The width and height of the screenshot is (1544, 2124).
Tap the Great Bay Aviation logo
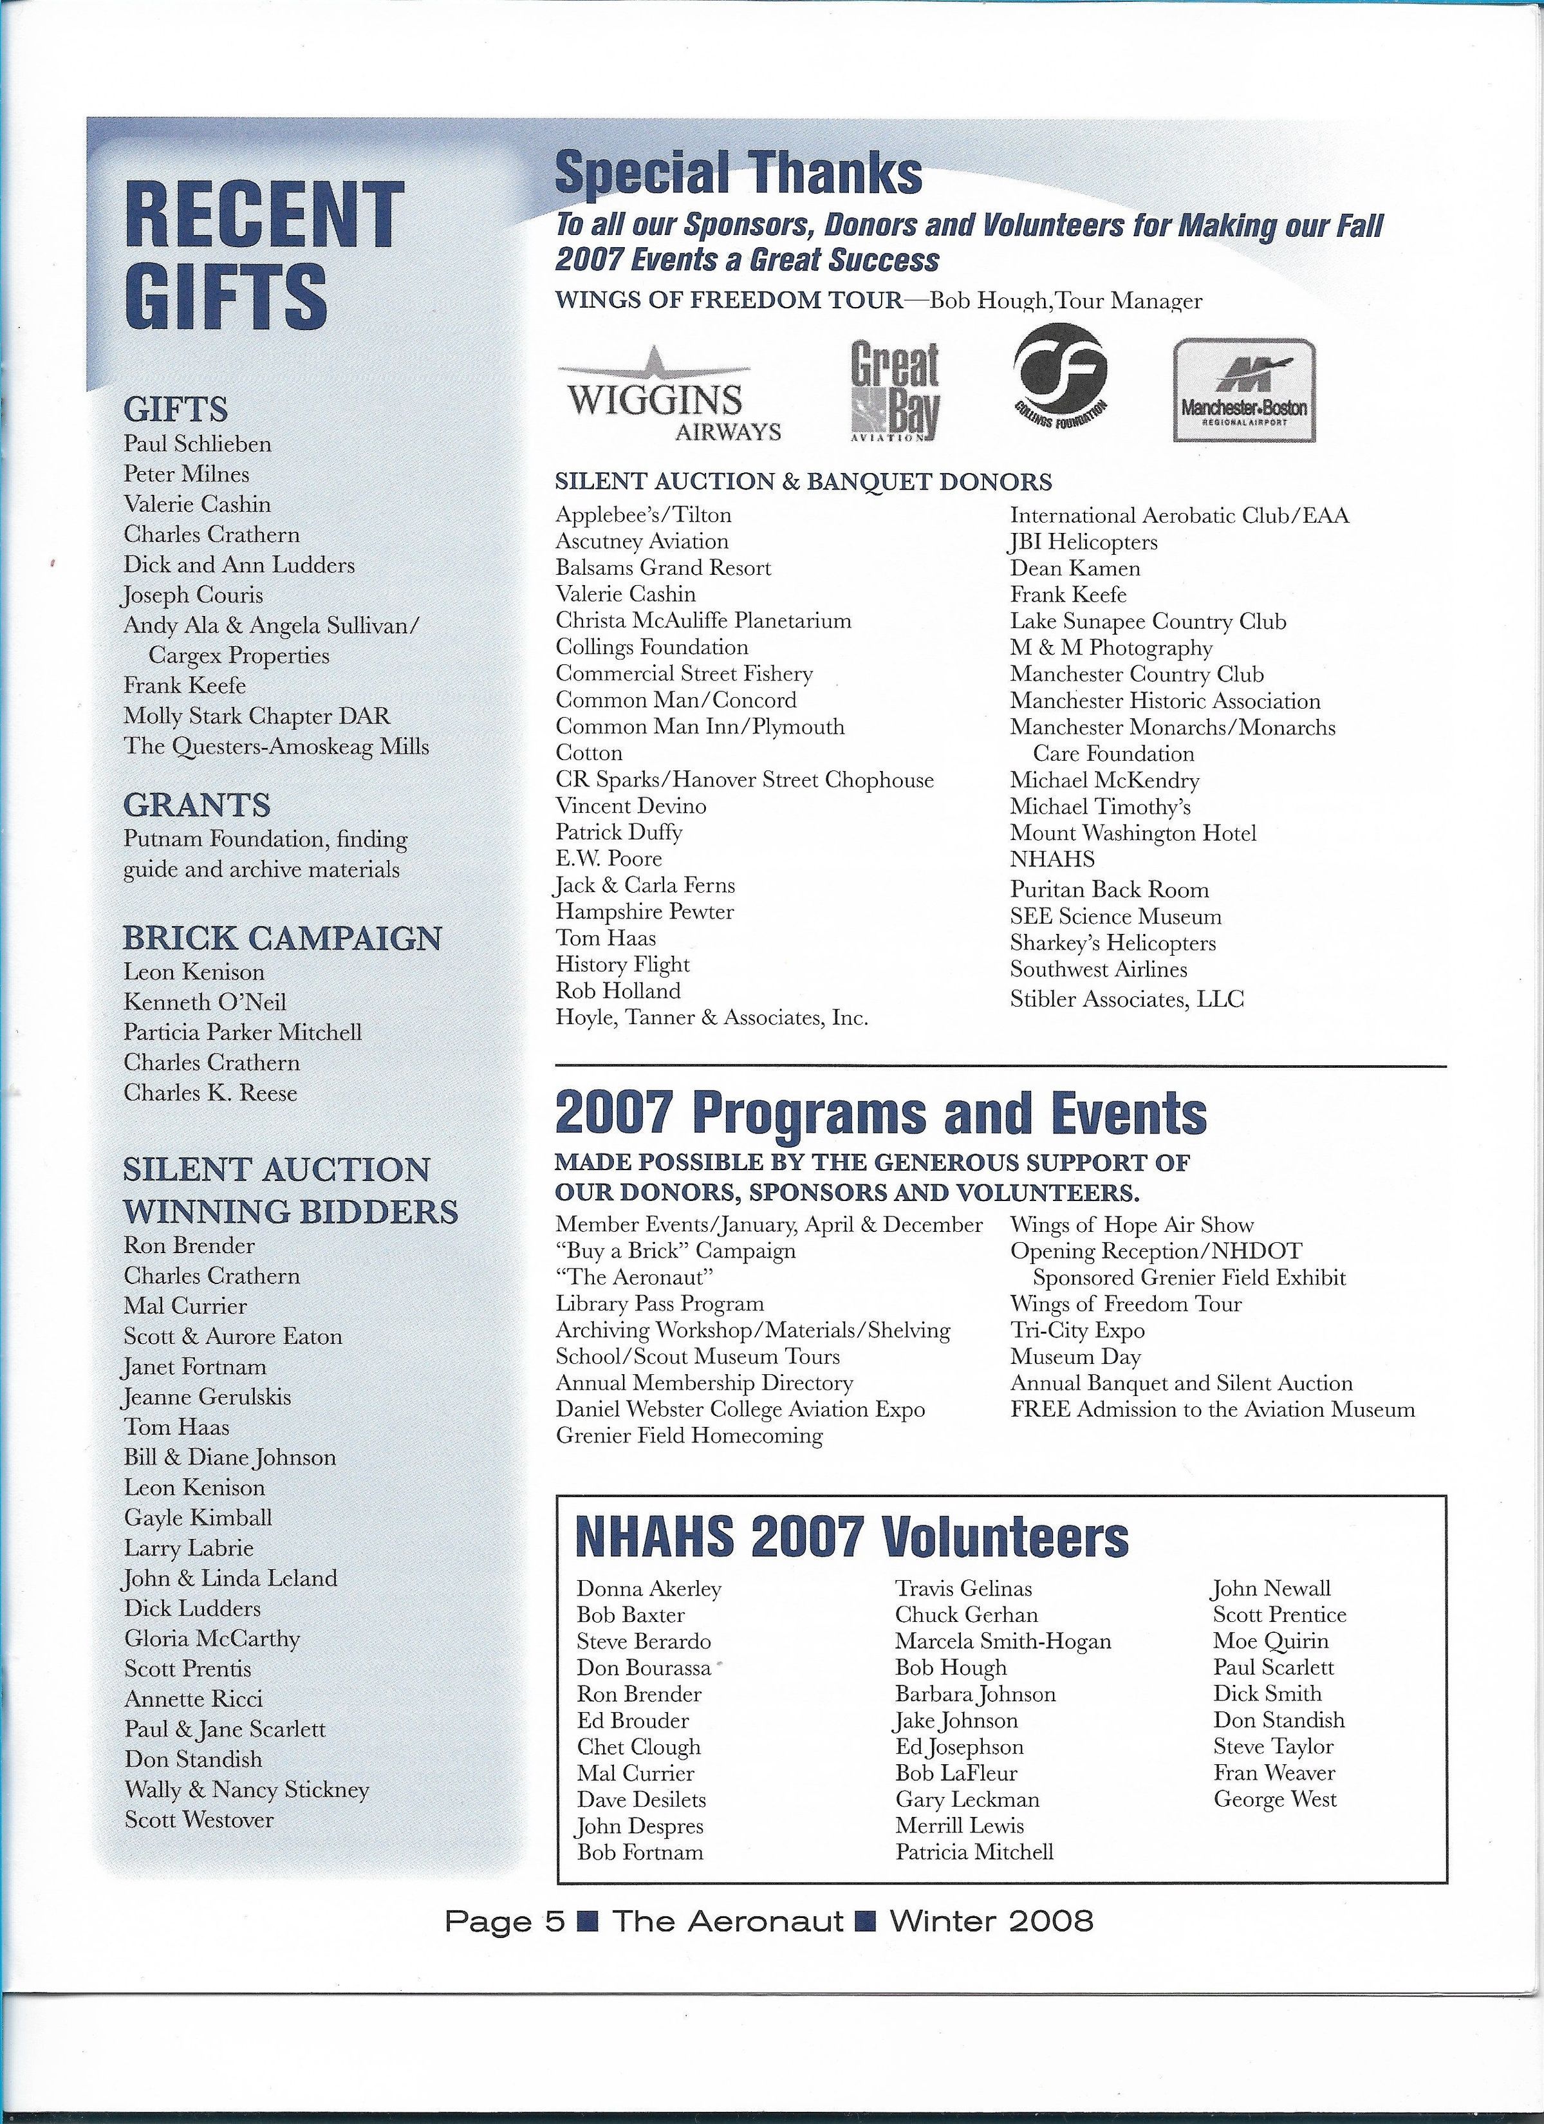click(x=894, y=391)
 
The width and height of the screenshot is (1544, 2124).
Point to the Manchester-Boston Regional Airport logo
click(x=1244, y=391)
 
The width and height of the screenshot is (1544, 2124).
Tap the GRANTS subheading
click(x=197, y=805)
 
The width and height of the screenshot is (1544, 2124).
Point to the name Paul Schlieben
click(x=198, y=444)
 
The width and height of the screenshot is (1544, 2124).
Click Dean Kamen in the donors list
click(x=1075, y=568)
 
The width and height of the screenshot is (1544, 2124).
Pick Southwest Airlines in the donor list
click(x=1099, y=969)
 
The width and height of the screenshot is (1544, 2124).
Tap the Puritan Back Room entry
click(x=1110, y=890)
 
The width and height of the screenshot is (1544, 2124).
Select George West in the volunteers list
click(x=1275, y=1799)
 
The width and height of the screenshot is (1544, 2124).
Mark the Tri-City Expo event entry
click(x=1077, y=1331)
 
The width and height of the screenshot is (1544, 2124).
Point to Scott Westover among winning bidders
click(x=198, y=1820)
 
